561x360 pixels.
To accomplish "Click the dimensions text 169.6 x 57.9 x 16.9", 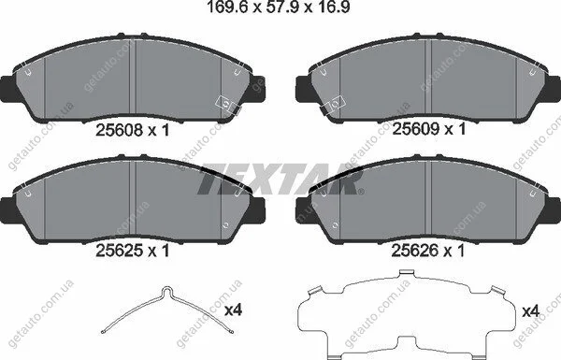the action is tap(279, 7).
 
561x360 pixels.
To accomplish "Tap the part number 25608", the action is tap(119, 130).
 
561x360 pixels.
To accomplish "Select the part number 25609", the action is tap(416, 129).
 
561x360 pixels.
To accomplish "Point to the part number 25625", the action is tap(119, 251).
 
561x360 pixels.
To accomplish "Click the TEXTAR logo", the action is tap(280, 179).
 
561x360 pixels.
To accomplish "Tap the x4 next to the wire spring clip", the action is tap(233, 310).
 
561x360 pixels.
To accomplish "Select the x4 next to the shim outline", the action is tap(530, 311).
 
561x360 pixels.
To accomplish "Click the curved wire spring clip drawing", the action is tap(167, 310).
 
